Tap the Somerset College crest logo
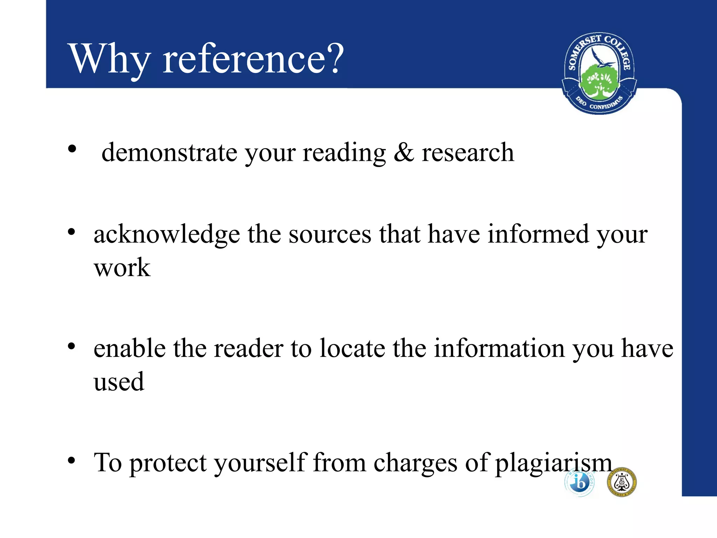[599, 74]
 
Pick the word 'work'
[122, 268]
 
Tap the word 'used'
[119, 381]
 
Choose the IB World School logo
[579, 482]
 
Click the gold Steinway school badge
[622, 482]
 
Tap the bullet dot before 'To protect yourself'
[71, 460]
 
